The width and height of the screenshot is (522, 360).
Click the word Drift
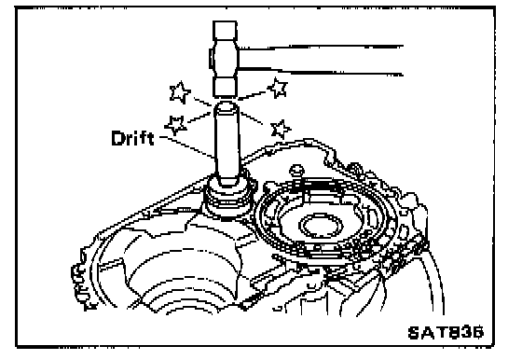(x=132, y=138)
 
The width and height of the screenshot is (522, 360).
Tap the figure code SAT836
(x=446, y=332)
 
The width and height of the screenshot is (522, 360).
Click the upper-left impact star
(x=180, y=91)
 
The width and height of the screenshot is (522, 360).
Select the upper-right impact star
(x=278, y=88)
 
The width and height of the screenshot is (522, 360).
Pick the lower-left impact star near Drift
(x=175, y=125)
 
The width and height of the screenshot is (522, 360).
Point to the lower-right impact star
(x=281, y=130)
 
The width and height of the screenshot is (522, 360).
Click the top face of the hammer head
(x=225, y=30)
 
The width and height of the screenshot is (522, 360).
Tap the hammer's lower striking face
(x=225, y=88)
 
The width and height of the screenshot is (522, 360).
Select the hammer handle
(x=321, y=60)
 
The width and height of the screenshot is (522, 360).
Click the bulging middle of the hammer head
(x=224, y=60)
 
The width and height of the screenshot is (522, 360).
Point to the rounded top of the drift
(x=226, y=106)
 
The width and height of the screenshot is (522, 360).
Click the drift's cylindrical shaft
(x=227, y=144)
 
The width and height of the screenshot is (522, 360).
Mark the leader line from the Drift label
(x=186, y=146)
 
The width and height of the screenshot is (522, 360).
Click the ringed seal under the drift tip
(x=229, y=197)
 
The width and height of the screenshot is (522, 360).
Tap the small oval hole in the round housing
(x=321, y=226)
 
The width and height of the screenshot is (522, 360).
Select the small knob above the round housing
(x=296, y=170)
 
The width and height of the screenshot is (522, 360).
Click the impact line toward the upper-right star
(x=252, y=95)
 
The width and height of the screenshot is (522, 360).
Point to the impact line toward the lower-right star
(x=252, y=118)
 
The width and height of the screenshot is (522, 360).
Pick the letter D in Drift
(x=117, y=139)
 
